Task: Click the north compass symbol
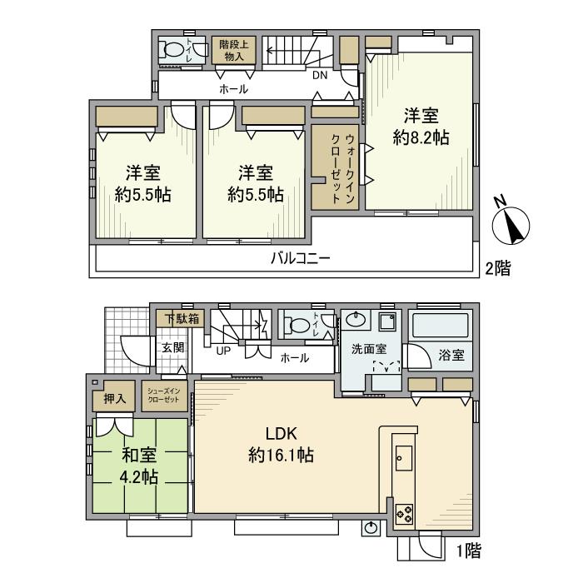tap(511, 221)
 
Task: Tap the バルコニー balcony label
tap(301, 258)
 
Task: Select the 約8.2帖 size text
tap(422, 137)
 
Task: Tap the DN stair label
tap(321, 75)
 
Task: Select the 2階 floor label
tap(497, 267)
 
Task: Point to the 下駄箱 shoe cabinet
tap(181, 318)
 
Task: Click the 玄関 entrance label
tap(172, 347)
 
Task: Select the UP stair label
tap(223, 351)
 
